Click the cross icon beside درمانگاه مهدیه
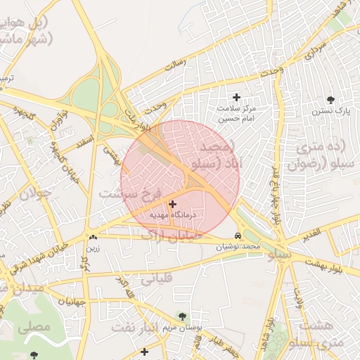pyautogui.click(x=173, y=203)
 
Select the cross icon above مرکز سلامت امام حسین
pyautogui.click(x=236, y=97)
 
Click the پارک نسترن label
pyautogui.click(x=332, y=111)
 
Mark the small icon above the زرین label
pyautogui.click(x=93, y=238)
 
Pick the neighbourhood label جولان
pyautogui.click(x=34, y=194)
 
